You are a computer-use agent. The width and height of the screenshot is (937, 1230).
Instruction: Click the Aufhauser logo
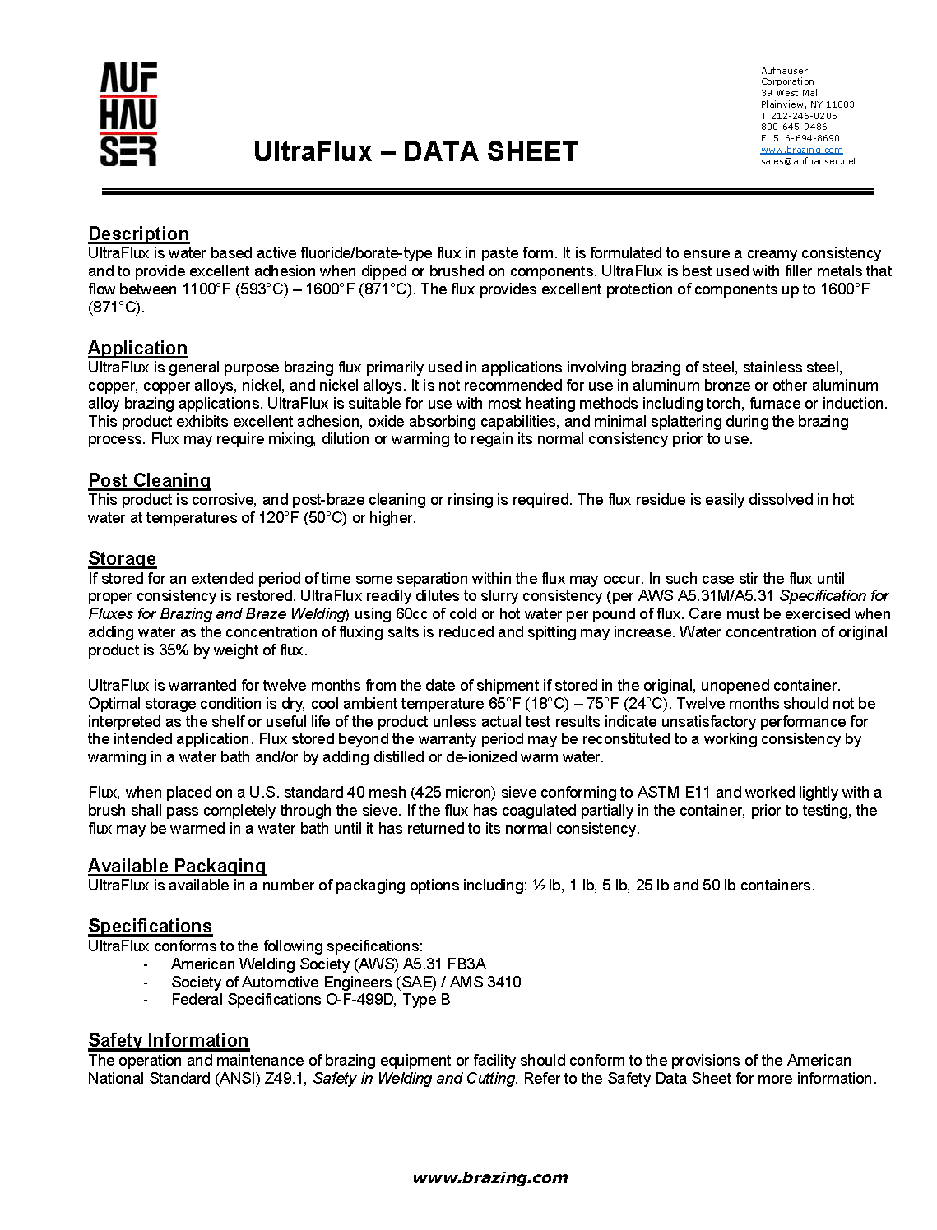coord(128,114)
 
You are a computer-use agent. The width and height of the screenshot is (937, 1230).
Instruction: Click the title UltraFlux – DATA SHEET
coord(415,152)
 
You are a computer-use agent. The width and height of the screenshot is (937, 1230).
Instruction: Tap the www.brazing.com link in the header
coord(801,150)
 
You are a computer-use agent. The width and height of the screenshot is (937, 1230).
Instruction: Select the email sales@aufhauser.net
coord(808,161)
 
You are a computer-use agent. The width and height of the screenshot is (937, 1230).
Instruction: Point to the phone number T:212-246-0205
coord(799,116)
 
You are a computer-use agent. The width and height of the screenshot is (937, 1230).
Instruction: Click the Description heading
coord(138,234)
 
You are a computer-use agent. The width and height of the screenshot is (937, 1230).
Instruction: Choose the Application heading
coord(137,348)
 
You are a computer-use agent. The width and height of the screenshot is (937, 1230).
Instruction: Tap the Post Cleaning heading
coord(149,480)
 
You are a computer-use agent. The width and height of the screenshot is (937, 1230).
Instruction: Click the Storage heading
coord(122,558)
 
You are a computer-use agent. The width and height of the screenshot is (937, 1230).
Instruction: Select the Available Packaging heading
coord(177,866)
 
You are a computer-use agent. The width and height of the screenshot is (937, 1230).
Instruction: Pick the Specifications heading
coord(150,926)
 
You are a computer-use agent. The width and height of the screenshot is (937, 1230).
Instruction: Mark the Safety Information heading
coord(168,1040)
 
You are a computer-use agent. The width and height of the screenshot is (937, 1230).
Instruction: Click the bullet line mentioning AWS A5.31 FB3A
coord(328,964)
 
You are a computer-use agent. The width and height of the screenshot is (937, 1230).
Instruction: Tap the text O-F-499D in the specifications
coord(359,1000)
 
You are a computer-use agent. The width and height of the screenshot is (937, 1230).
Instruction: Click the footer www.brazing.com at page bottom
coord(489,1177)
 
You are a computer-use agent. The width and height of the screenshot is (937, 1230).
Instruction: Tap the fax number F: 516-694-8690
coord(800,138)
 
